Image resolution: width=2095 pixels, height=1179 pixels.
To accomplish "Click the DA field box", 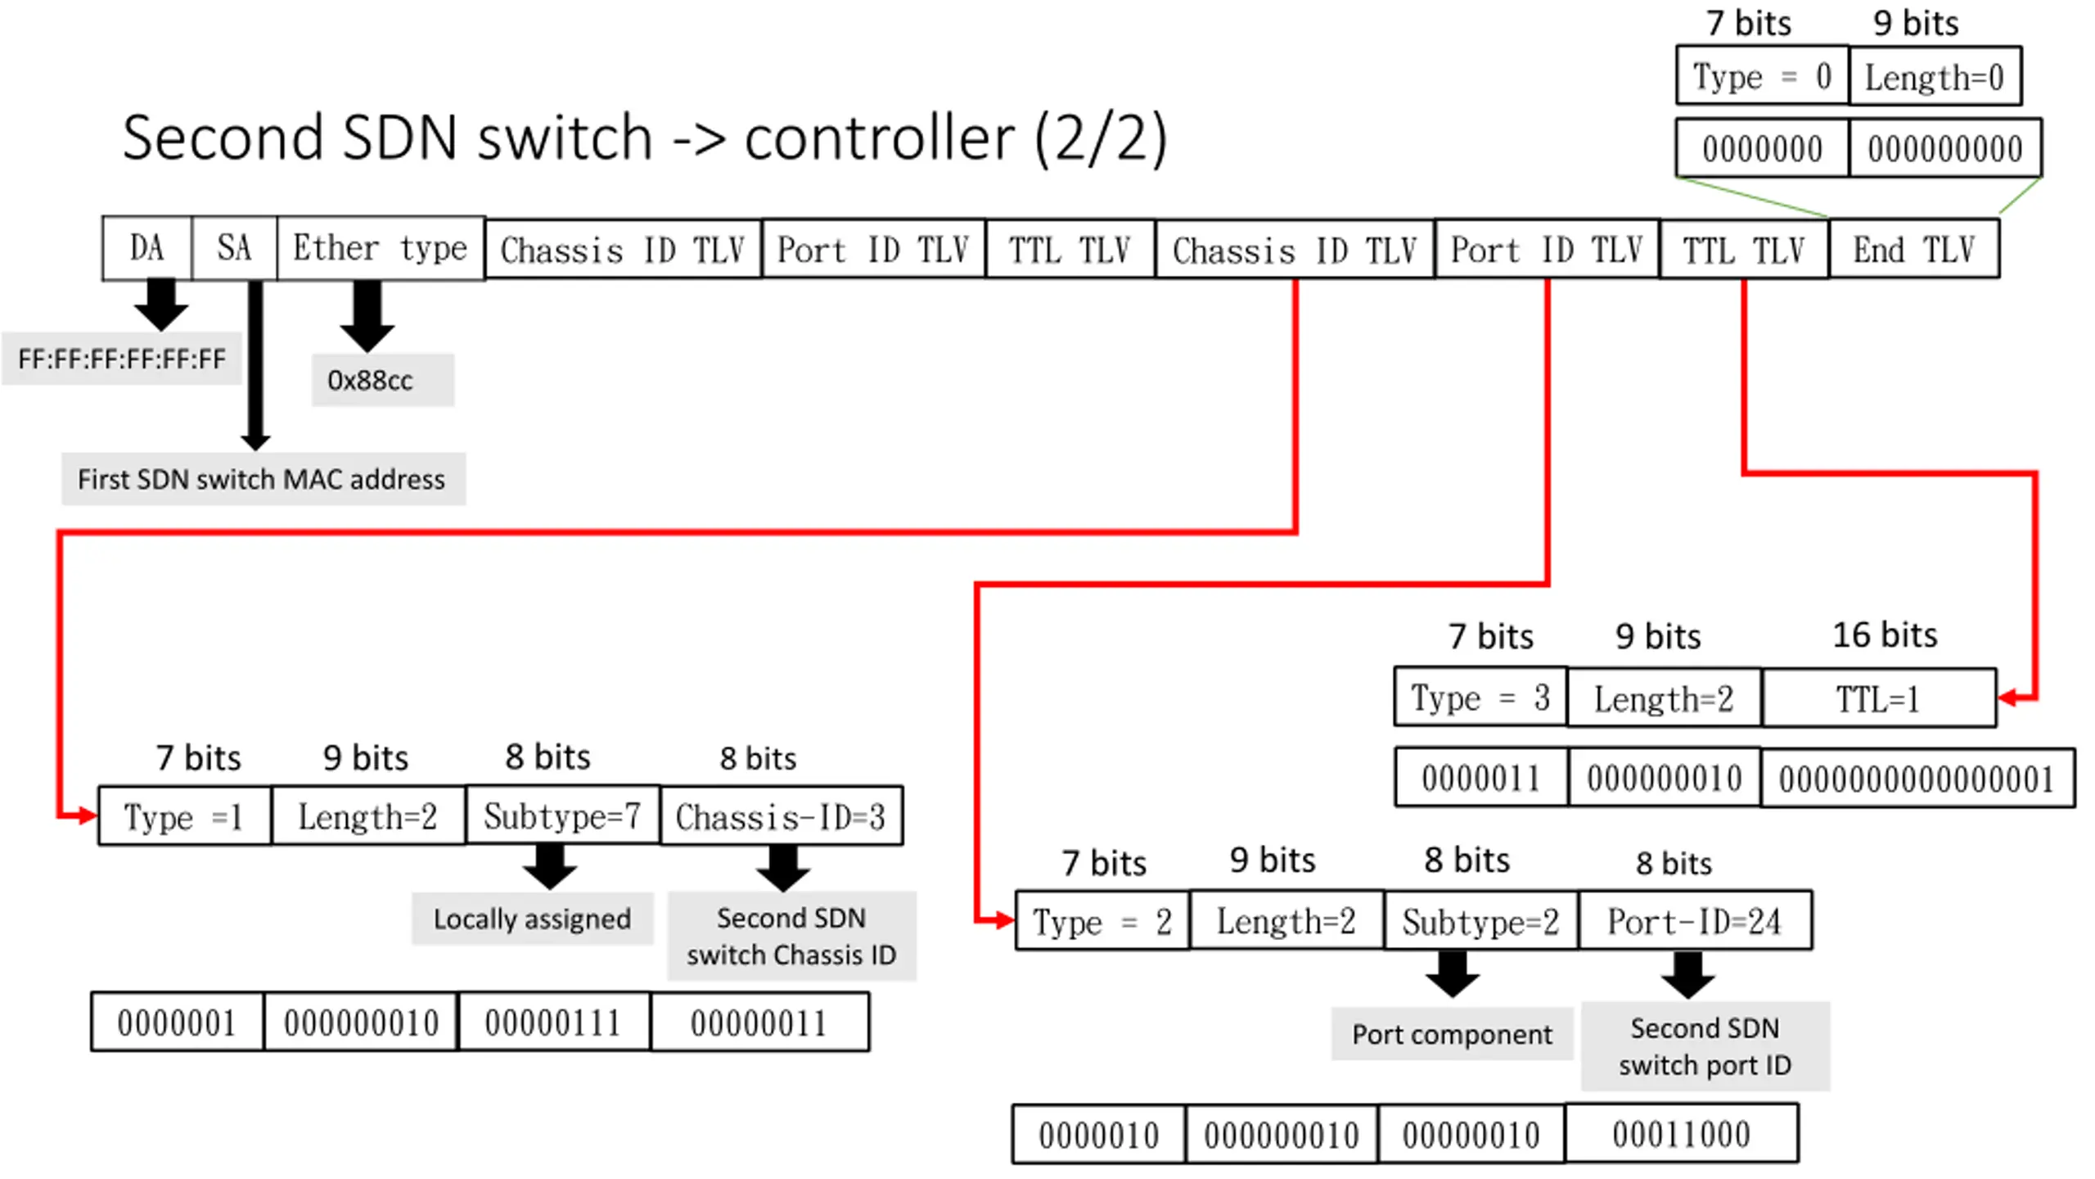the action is click(147, 248).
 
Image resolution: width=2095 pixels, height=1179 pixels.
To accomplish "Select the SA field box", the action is click(235, 248).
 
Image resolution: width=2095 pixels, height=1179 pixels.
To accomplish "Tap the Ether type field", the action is click(381, 248).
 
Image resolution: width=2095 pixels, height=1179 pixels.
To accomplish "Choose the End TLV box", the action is click(1914, 249).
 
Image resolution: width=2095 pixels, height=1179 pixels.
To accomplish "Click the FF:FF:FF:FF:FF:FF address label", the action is click(122, 359).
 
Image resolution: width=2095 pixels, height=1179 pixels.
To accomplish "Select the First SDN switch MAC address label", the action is click(263, 479).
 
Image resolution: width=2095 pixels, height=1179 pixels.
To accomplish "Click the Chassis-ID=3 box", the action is click(782, 815).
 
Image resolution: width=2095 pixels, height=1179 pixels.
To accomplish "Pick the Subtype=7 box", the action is click(563, 815).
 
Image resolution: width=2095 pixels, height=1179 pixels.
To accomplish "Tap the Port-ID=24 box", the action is click(1695, 921).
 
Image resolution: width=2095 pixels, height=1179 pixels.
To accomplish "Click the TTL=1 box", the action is click(1879, 698).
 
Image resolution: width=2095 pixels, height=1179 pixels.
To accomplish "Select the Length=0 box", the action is click(1935, 76).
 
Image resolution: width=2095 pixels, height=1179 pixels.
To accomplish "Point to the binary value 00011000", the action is click(1682, 1134).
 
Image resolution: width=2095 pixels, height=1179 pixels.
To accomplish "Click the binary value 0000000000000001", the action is click(1917, 778).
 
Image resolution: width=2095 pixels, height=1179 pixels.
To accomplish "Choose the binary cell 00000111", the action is click(554, 1022).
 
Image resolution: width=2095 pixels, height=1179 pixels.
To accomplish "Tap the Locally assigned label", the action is click(532, 919).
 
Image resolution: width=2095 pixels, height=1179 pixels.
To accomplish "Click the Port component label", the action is click(1452, 1034).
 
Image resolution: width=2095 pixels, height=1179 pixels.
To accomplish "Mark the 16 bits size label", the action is click(1885, 635).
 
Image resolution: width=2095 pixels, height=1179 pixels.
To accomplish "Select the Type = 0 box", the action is click(1762, 75).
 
